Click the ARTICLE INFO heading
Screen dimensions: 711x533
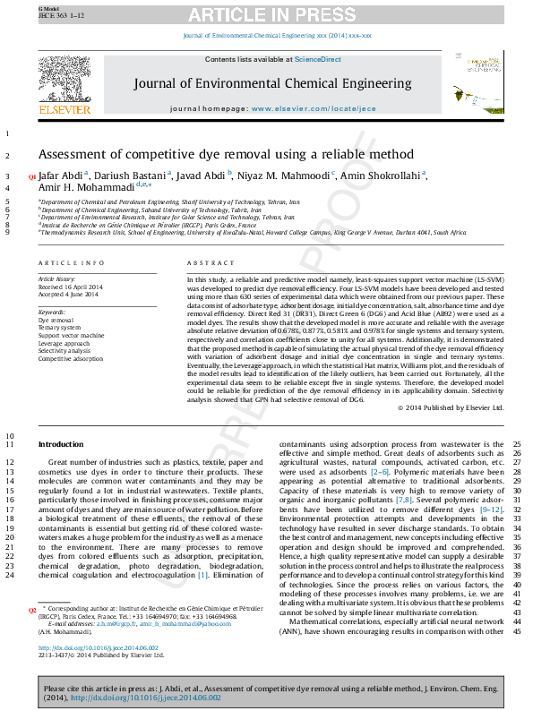[71, 262]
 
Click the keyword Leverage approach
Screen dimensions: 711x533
[64, 343]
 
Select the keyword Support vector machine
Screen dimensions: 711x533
[71, 335]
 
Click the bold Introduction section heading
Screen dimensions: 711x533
[61, 444]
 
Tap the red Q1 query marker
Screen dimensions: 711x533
[32, 177]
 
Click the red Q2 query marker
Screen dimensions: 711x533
[32, 609]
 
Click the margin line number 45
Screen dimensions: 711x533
[517, 632]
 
